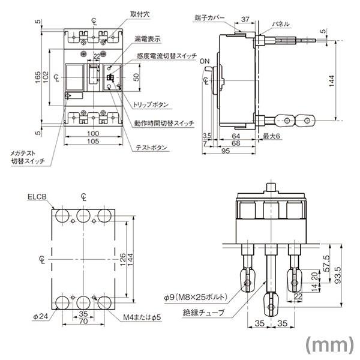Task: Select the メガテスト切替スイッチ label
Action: click(28, 157)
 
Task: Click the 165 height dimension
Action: click(38, 77)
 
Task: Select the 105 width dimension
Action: click(92, 141)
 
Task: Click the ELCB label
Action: click(37, 196)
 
